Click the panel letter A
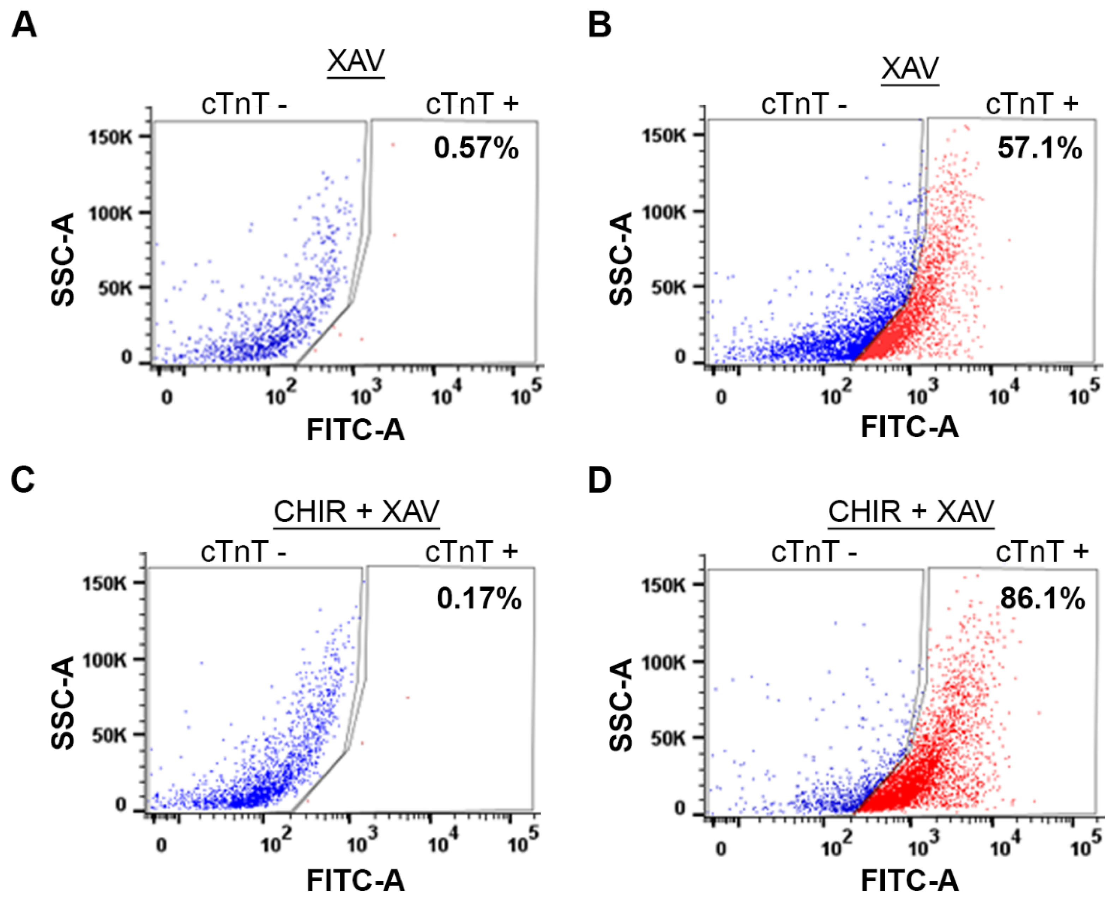tap(24, 24)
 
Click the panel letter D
tap(599, 480)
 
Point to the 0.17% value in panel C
tap(478, 598)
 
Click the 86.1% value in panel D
tap(1042, 598)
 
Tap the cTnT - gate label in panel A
tap(244, 104)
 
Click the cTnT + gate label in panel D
tap(1042, 552)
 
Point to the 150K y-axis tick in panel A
tap(110, 138)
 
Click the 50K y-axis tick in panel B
tap(668, 287)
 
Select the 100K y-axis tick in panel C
tap(104, 661)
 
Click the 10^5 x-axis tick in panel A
tap(526, 394)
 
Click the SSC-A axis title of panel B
tap(621, 259)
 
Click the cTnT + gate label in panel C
tap(471, 552)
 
